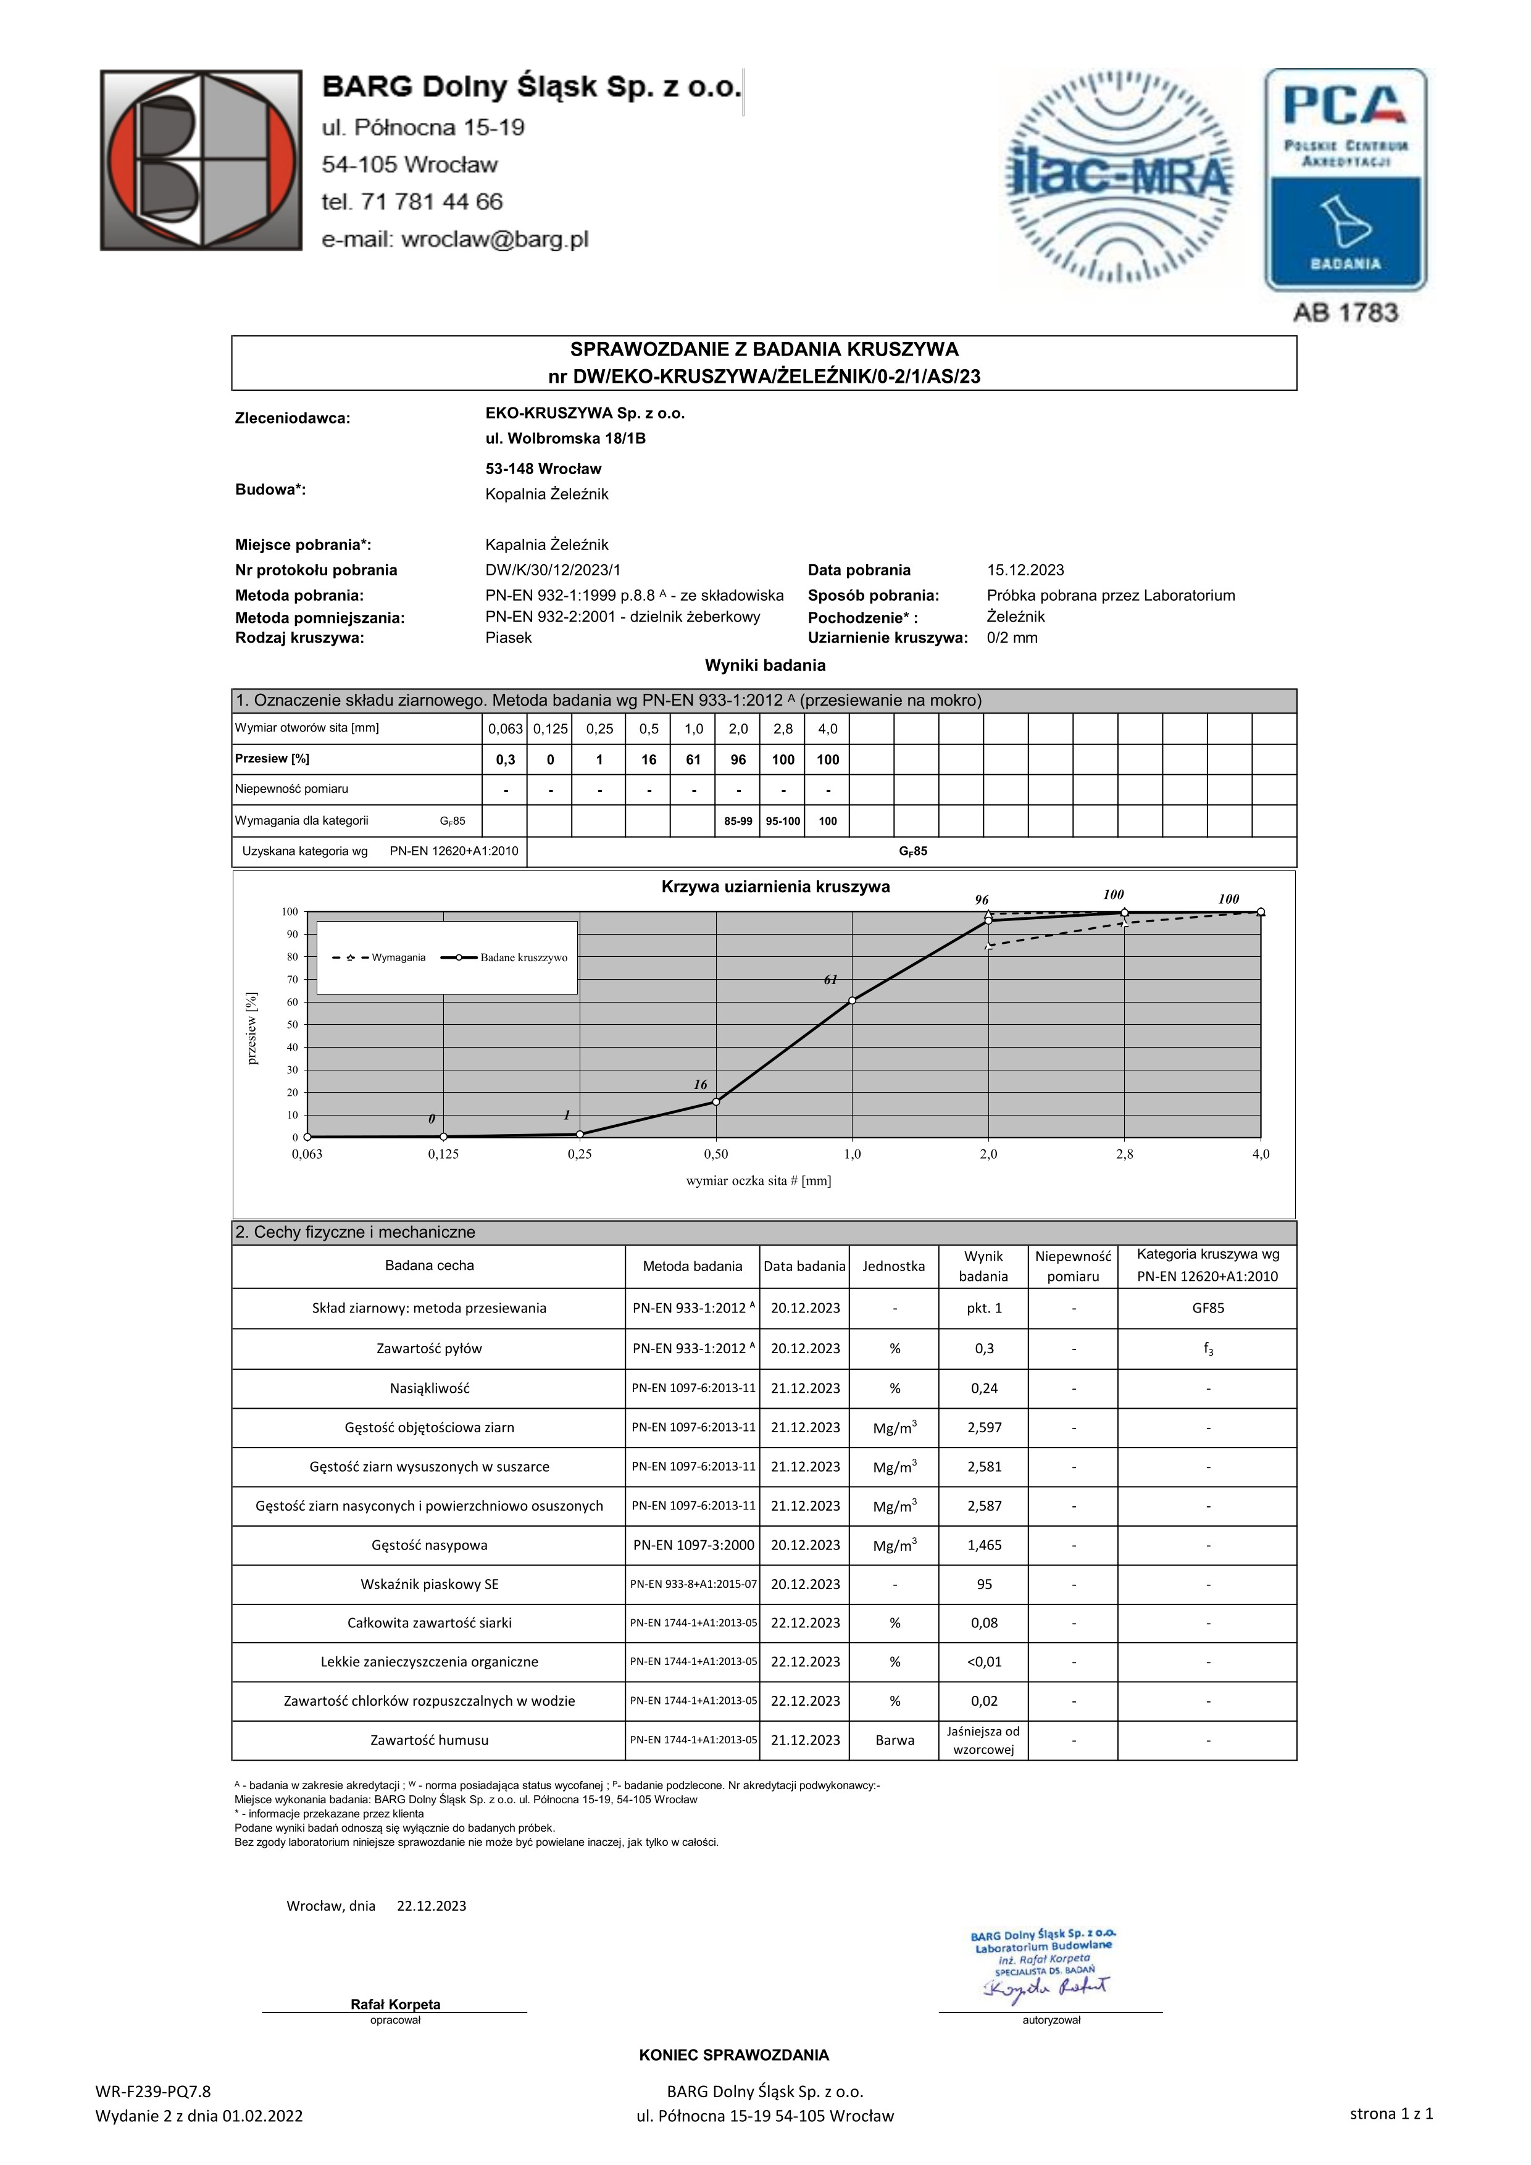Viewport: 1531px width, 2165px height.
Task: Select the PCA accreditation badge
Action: (x=1345, y=179)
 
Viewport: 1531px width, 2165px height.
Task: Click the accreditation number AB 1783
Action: (x=1345, y=313)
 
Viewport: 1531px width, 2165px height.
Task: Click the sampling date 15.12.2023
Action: (x=1025, y=570)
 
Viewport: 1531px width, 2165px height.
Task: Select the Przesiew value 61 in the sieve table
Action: (x=693, y=760)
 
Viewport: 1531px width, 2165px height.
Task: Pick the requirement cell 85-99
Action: (x=738, y=821)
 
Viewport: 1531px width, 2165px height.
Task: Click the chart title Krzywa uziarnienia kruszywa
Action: (x=775, y=887)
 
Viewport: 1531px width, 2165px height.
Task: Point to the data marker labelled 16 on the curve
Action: (x=717, y=1101)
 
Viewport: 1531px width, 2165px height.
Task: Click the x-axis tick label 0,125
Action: (x=443, y=1154)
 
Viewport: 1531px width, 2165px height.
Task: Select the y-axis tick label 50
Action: (x=291, y=1025)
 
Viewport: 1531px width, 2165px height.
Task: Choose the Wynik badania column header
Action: (x=983, y=1266)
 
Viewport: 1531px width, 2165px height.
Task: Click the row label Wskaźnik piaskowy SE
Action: (x=429, y=1584)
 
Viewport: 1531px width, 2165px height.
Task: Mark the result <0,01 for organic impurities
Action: (x=984, y=1661)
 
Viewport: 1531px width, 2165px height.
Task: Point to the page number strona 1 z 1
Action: (x=1390, y=2113)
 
